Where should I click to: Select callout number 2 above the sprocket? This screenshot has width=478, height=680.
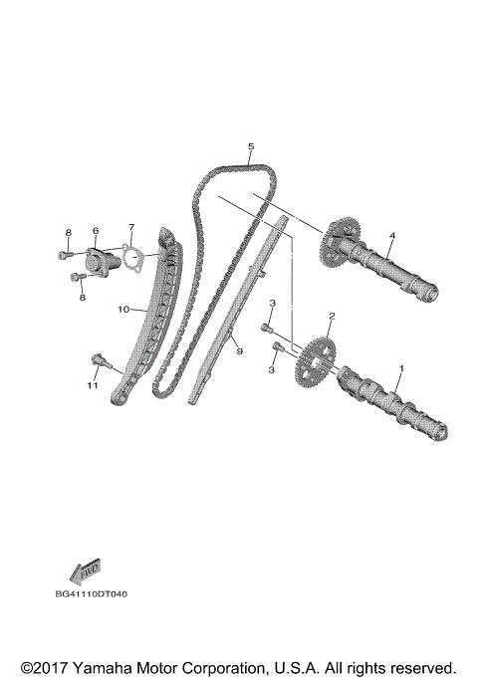pos(332,317)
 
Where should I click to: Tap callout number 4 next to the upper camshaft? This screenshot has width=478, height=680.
pos(392,236)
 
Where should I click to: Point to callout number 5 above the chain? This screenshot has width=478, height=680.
pos(251,146)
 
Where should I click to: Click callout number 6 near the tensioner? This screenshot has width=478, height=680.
pos(96,231)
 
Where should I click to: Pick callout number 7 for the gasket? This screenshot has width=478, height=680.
pos(129,228)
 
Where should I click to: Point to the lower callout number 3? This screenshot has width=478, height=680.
pos(271,369)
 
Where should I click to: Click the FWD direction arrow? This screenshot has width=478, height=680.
pos(84,571)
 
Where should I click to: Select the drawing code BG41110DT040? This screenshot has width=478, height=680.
pos(92,594)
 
